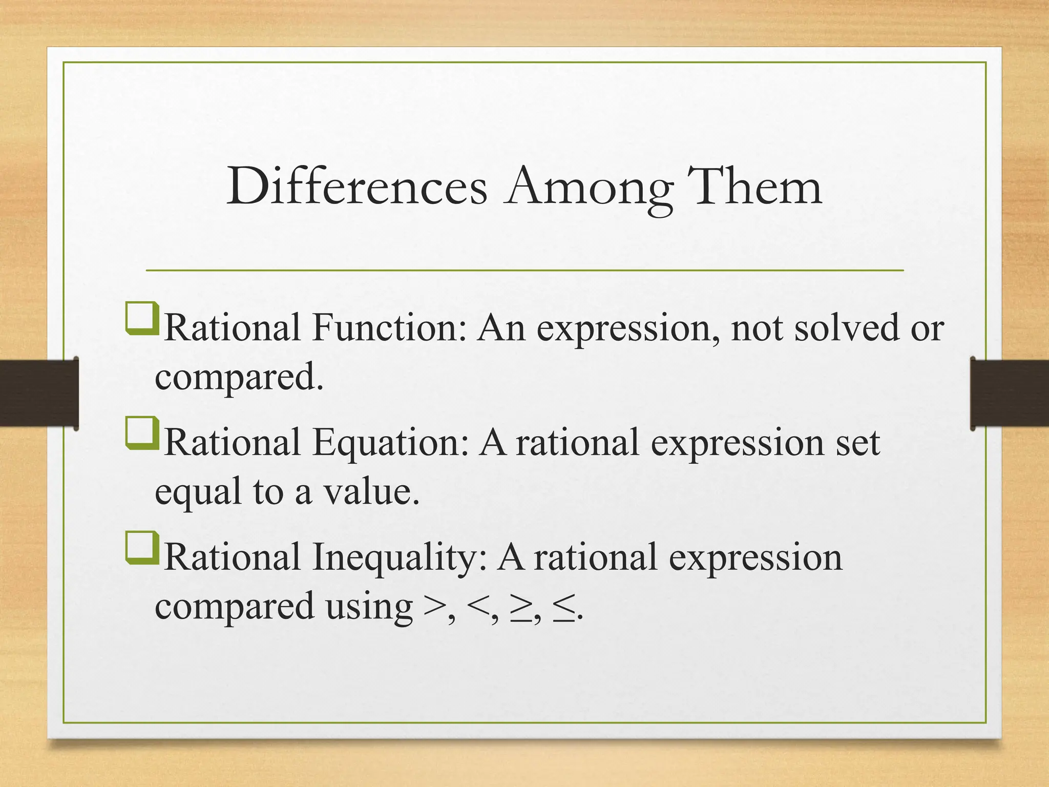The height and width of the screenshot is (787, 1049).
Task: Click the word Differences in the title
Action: [357, 188]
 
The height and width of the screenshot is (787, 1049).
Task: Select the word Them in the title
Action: [753, 188]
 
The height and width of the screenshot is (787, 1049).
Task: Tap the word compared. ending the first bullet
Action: [239, 378]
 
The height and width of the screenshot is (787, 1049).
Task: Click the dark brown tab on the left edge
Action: [39, 393]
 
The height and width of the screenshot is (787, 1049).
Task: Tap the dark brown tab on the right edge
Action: [1010, 393]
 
